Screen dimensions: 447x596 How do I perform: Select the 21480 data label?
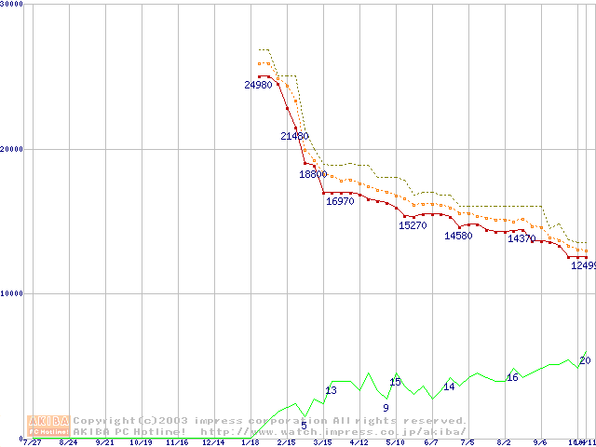(295, 136)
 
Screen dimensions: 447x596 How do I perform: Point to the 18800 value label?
(313, 174)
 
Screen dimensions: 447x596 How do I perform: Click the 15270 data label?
(413, 225)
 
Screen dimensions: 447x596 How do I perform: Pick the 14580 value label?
(458, 236)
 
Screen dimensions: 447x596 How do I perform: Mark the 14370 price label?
(521, 238)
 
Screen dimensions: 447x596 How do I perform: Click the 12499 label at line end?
(583, 265)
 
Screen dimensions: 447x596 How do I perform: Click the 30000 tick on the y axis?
(11, 5)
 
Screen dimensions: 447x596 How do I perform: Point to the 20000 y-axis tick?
(11, 149)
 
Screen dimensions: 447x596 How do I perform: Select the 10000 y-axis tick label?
(11, 293)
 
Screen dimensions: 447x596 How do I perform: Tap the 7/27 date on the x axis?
(32, 442)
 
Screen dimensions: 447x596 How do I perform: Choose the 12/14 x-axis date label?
(213, 442)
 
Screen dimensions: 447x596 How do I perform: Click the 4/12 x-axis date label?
(359, 442)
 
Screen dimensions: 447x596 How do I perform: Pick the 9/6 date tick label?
(540, 442)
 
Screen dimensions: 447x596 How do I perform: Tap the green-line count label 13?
(331, 390)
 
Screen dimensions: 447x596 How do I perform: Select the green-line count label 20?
(585, 360)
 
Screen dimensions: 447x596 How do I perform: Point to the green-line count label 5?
(304, 425)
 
